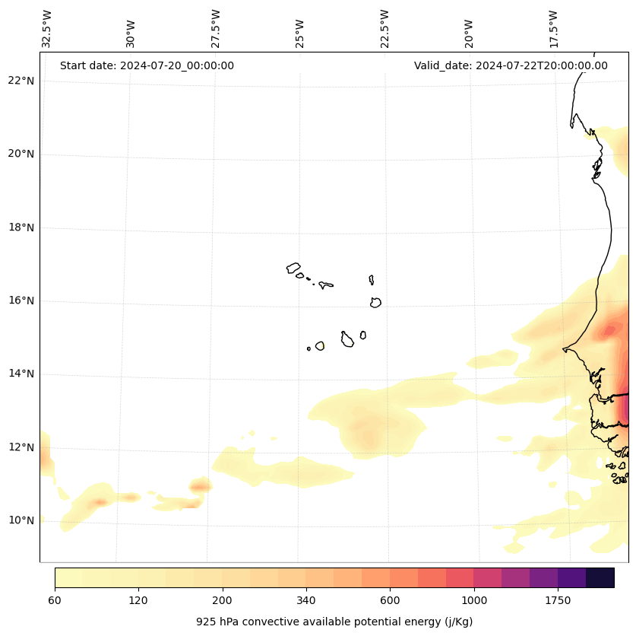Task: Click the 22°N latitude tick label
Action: pos(21,81)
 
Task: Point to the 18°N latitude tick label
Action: pos(21,227)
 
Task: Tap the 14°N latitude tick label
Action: pos(21,374)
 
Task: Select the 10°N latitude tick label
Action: pos(21,520)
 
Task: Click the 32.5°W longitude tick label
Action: pos(47,29)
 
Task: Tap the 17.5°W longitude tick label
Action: pos(553,29)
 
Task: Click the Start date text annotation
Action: pos(147,65)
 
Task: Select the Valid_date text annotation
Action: pos(511,65)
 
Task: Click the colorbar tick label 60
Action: pos(55,601)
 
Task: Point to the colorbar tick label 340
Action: pos(306,601)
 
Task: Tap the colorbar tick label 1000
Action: pos(474,601)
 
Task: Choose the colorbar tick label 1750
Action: pos(558,601)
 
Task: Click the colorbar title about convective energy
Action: pos(334,622)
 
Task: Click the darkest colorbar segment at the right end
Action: pos(600,577)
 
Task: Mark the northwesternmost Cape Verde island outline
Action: pos(293,268)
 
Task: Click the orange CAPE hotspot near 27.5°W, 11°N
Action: pos(200,486)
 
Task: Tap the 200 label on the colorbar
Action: pos(223,601)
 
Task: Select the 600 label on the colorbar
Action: pos(390,601)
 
